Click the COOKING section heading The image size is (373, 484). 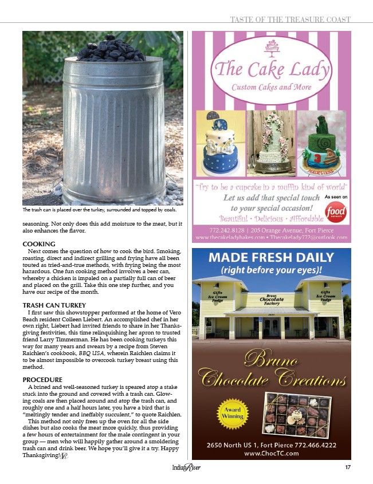coord(39,244)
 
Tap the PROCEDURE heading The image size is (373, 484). coord(42,380)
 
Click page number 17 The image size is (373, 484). coord(347,468)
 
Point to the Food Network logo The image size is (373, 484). coord(335,211)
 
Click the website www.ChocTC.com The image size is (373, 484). coord(272,453)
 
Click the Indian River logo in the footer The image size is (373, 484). coord(186,469)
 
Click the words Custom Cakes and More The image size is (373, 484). coord(271,87)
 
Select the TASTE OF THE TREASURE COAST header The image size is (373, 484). coord(290,19)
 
